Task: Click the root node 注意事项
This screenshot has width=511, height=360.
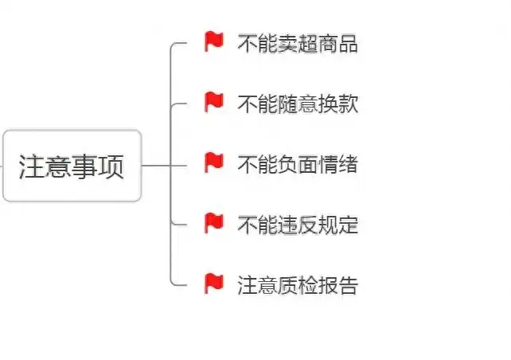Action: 72,166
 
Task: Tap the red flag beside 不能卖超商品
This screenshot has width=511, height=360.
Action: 213,42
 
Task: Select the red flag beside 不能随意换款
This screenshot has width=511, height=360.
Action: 213,102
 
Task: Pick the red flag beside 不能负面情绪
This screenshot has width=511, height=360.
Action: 213,163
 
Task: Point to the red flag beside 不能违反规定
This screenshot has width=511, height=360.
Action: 213,223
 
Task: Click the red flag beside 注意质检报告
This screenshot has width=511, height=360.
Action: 213,283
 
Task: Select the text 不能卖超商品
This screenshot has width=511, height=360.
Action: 297,44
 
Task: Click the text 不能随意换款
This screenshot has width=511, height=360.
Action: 297,104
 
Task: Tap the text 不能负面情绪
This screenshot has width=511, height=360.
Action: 297,164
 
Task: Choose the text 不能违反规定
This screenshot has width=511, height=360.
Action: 297,225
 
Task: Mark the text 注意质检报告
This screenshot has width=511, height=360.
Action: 297,284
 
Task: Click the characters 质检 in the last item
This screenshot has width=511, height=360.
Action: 297,284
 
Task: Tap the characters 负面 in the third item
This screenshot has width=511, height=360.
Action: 297,164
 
